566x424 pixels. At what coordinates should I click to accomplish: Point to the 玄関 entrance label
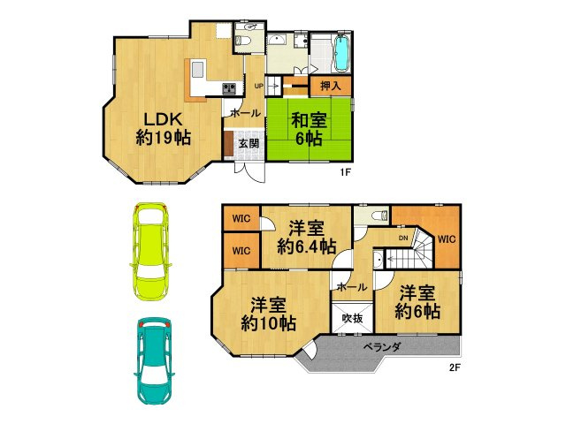click(x=248, y=144)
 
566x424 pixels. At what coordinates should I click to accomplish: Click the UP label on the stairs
click(x=259, y=86)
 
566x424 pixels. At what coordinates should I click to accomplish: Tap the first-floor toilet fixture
click(x=245, y=40)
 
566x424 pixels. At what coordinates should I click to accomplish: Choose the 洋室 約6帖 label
click(x=417, y=301)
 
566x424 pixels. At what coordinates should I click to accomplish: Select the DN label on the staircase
click(x=402, y=238)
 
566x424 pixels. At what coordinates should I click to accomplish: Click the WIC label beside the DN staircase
click(x=446, y=238)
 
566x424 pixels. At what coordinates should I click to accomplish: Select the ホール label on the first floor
click(x=245, y=113)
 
